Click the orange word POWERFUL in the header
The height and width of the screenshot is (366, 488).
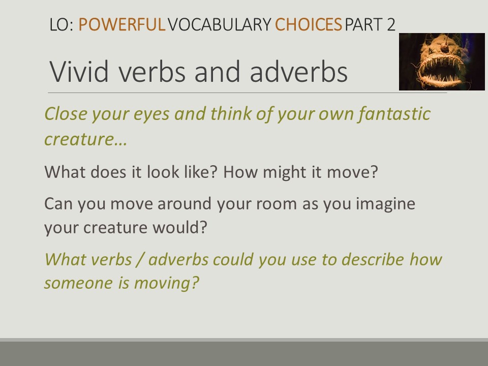pos(121,24)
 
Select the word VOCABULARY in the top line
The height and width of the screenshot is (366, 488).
pos(220,24)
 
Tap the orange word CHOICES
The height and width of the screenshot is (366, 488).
pos(309,24)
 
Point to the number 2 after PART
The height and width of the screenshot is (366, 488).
pos(391,24)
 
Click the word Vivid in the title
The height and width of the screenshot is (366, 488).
pos(79,72)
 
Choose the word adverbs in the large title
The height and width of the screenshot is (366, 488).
pos(299,72)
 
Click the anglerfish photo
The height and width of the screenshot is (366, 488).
pos(442,62)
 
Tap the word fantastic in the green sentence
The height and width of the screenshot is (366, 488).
pos(394,113)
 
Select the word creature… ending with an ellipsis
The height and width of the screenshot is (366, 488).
pos(86,139)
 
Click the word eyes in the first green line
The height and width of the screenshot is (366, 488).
pos(151,114)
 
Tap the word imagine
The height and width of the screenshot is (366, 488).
pos(385,204)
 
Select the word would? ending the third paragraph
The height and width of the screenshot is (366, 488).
pos(179,227)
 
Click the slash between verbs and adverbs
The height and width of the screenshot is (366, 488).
pos(140,259)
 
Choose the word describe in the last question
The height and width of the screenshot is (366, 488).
pos(373,259)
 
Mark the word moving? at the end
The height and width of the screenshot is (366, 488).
pos(166,283)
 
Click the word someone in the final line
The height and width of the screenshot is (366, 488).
pos(78,283)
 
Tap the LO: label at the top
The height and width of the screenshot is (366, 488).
pos(62,24)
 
